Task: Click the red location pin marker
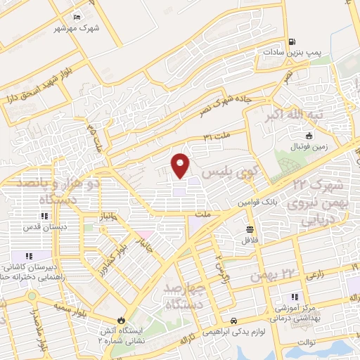[181, 165]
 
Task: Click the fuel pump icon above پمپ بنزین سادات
[287, 39]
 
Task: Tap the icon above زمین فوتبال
[307, 136]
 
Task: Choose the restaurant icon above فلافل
[250, 230]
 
